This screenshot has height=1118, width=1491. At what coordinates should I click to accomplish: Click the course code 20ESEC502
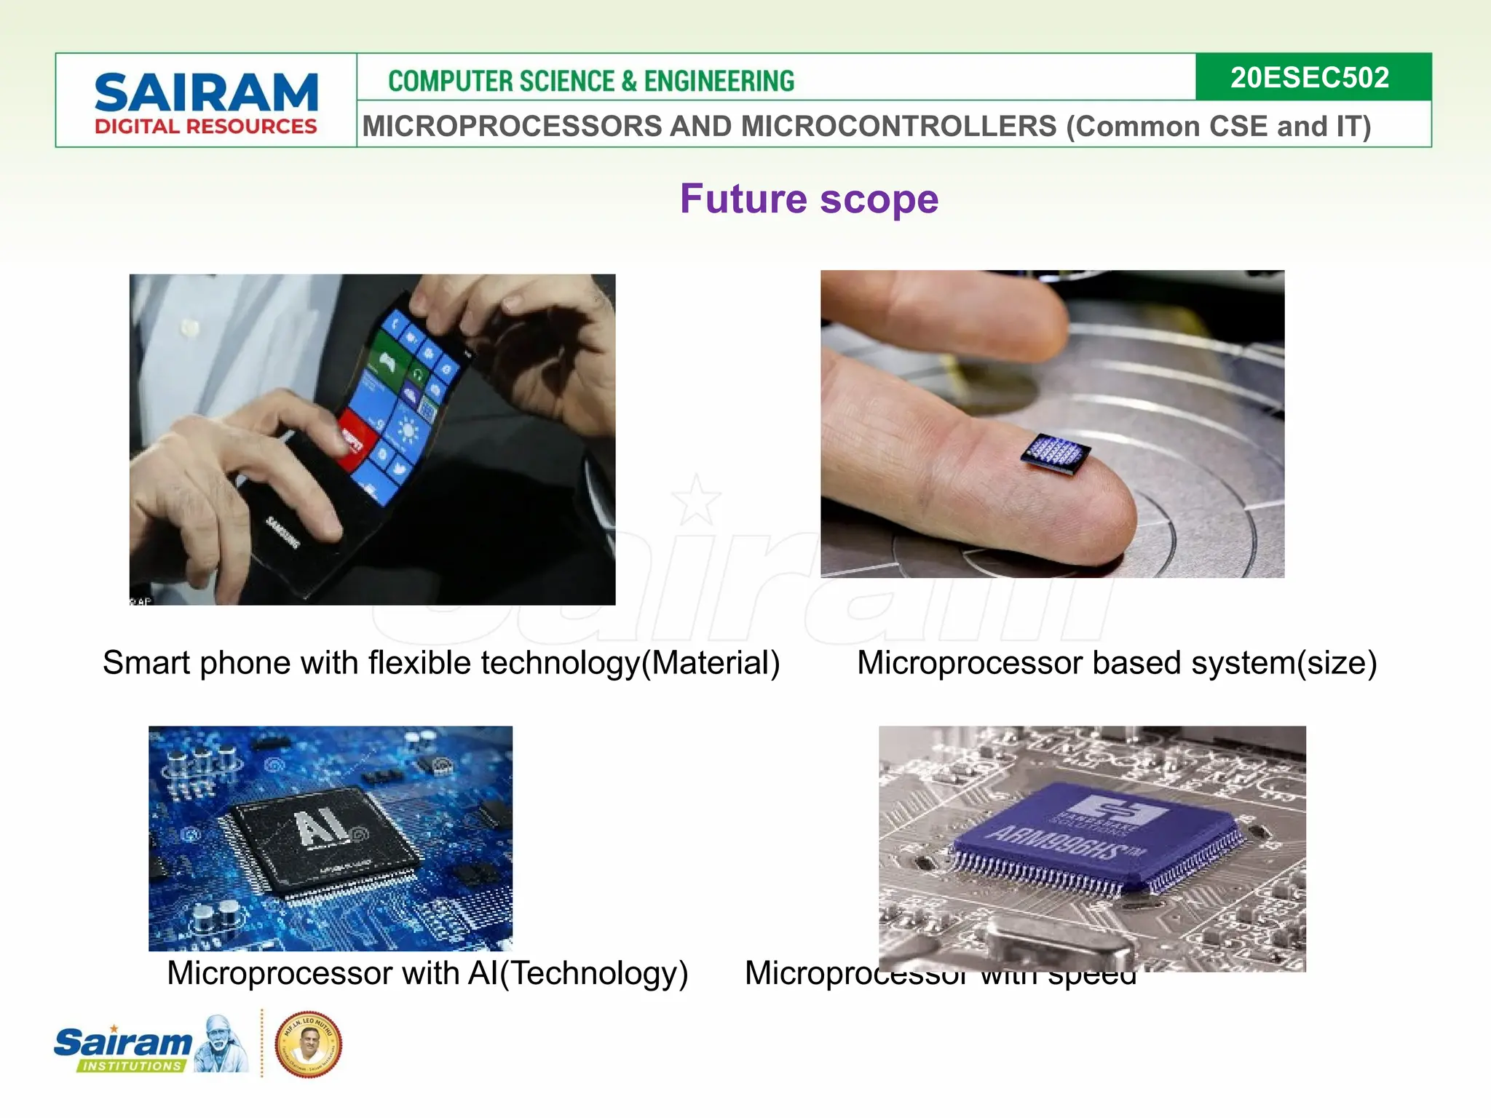[x=1309, y=77]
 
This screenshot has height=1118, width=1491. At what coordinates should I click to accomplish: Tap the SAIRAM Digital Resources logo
[x=206, y=103]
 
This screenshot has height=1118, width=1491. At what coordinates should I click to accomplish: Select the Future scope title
[x=809, y=199]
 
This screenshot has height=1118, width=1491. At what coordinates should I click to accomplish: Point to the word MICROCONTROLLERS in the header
[x=898, y=127]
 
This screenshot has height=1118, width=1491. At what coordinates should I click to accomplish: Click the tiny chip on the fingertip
[x=1055, y=454]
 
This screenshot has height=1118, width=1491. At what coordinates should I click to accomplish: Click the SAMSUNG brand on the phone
[x=282, y=532]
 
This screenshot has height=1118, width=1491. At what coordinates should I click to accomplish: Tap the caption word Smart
[x=146, y=663]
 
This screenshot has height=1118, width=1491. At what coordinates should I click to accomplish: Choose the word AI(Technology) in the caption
[x=578, y=973]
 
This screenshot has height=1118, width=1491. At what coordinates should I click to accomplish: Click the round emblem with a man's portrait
[x=308, y=1044]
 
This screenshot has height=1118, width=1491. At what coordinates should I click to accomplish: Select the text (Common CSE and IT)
[x=1218, y=127]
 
